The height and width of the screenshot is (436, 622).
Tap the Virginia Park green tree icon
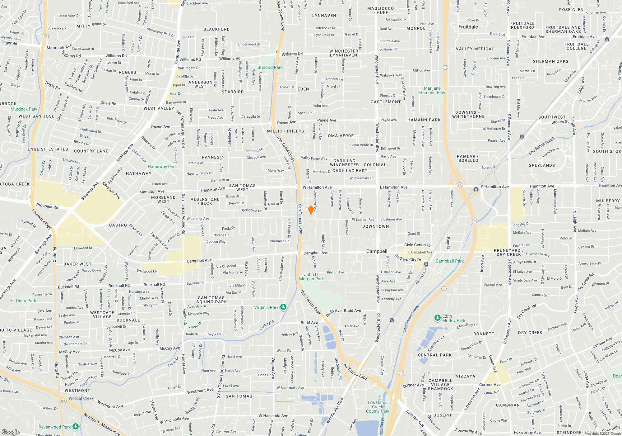click(x=283, y=307)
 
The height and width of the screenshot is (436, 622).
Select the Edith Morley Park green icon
click(x=438, y=318)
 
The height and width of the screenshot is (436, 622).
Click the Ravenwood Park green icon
click(x=76, y=426)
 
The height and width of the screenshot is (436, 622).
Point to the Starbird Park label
click(x=270, y=67)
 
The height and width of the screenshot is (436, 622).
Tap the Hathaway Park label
click(x=162, y=167)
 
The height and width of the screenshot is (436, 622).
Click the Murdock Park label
click(x=24, y=109)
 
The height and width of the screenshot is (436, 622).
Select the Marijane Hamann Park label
click(x=432, y=90)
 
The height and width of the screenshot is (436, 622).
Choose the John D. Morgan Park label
click(x=311, y=277)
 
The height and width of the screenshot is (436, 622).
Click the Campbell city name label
click(x=377, y=251)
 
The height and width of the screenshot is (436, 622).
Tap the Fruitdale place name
click(x=468, y=27)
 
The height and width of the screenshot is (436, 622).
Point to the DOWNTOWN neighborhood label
click(x=375, y=226)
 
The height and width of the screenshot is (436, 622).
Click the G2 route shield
click(x=46, y=36)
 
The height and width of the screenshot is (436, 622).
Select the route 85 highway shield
click(x=64, y=400)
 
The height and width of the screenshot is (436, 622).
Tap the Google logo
click(x=10, y=432)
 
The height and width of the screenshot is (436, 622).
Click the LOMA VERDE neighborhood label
click(x=339, y=136)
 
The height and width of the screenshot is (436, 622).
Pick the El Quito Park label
click(x=24, y=301)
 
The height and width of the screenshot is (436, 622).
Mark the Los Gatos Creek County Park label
click(x=378, y=407)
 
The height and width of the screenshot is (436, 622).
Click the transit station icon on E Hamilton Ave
click(x=476, y=189)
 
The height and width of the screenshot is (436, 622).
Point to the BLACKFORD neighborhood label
click(x=216, y=29)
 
